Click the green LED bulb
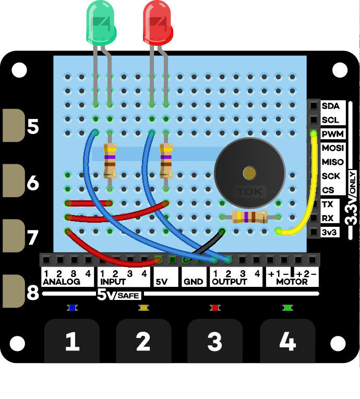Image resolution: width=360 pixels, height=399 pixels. [x=101, y=22]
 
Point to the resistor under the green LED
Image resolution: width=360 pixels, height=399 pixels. [x=110, y=160]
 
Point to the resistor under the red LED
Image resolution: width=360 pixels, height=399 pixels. [x=166, y=160]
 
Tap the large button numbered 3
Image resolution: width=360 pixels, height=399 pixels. [x=215, y=342]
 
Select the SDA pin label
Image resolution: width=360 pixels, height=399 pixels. [x=330, y=106]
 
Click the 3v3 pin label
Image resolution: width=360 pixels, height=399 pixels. [x=330, y=232]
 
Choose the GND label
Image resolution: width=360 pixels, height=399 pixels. [x=193, y=282]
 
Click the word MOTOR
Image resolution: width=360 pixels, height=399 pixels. [x=292, y=282]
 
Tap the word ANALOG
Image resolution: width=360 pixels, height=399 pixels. [x=62, y=282]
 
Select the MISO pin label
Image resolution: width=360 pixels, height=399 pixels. [x=332, y=162]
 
